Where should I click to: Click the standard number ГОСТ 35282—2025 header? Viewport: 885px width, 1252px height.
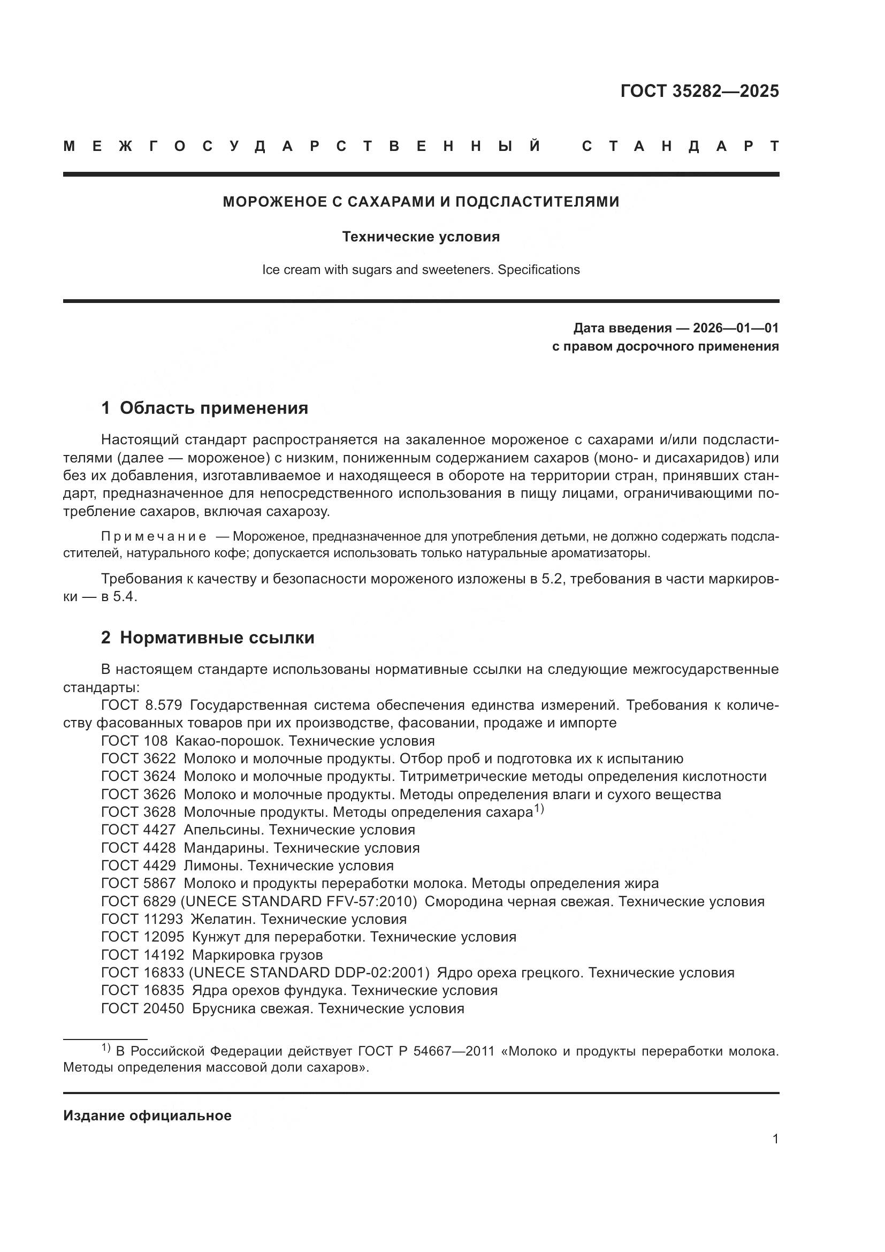pos(699,91)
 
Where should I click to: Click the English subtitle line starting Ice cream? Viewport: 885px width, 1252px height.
pos(421,269)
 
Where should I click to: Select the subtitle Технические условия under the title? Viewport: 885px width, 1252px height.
pos(421,237)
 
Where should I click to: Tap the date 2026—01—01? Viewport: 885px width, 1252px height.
pos(735,328)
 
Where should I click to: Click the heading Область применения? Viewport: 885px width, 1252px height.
pos(213,408)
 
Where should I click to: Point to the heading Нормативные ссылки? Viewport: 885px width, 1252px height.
pos(217,638)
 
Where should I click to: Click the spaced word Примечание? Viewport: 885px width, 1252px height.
pos(154,536)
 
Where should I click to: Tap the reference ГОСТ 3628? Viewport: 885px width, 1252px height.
pos(139,812)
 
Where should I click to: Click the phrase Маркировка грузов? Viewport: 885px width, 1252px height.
pos(257,955)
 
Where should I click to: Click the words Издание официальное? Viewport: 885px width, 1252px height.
pos(147,1116)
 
